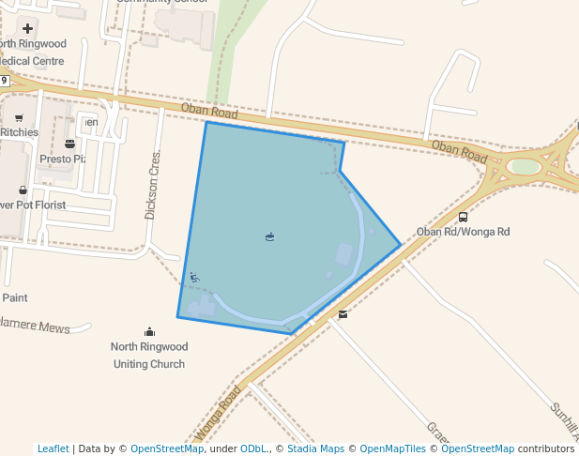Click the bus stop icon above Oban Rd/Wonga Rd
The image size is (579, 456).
(463, 217)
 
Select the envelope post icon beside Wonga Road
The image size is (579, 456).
(343, 314)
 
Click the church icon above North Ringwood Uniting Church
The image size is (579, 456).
(149, 331)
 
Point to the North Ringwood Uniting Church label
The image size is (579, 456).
(149, 355)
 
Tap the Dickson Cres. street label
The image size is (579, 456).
(151, 185)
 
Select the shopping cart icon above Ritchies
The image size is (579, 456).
(19, 118)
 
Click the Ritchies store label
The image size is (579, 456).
(19, 132)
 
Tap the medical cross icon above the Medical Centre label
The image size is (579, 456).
(28, 28)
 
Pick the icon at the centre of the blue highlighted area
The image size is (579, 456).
(270, 236)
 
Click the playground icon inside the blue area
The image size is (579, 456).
(193, 277)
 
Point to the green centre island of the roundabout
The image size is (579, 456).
(525, 167)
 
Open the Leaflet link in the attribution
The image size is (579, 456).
(53, 448)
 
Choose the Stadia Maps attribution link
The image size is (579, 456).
(315, 448)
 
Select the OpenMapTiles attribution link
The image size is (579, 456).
(393, 448)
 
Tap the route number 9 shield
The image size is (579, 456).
(5, 81)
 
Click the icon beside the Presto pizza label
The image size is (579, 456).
(69, 144)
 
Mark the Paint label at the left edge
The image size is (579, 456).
(14, 297)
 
